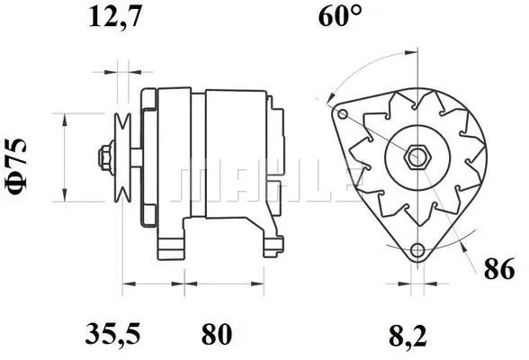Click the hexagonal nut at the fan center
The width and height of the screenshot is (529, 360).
[417, 157]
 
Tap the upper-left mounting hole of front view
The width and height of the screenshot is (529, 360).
[343, 114]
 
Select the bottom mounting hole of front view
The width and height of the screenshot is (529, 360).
[417, 251]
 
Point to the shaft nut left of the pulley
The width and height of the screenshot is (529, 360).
[106, 157]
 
